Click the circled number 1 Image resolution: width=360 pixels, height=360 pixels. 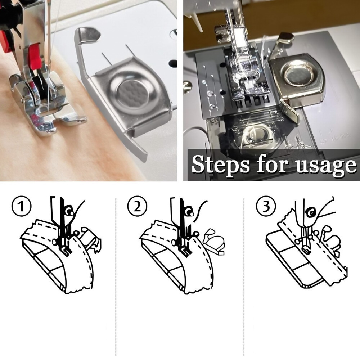[x=21, y=206]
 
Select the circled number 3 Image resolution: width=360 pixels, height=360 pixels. [x=266, y=206]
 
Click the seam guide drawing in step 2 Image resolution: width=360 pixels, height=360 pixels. [x=214, y=243]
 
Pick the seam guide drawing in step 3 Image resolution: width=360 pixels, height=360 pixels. [x=330, y=241]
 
